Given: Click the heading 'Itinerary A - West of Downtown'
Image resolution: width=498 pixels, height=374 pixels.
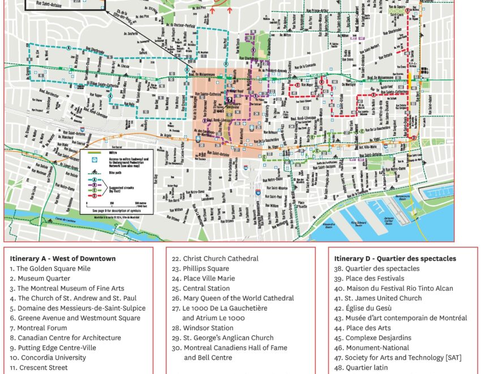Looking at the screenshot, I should tap(62, 259).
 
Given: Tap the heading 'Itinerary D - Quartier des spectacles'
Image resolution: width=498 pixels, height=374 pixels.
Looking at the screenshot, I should tap(394, 259).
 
